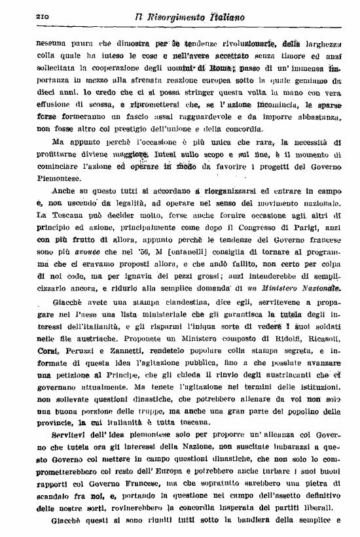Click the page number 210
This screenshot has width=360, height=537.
[27, 14]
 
